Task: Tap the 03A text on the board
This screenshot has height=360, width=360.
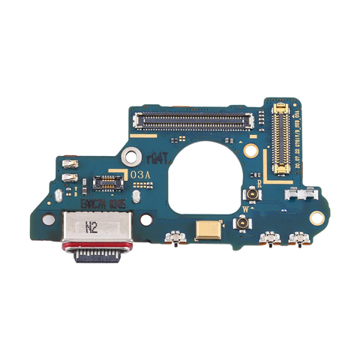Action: (142, 174)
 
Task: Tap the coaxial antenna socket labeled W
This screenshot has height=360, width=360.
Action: (243, 223)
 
